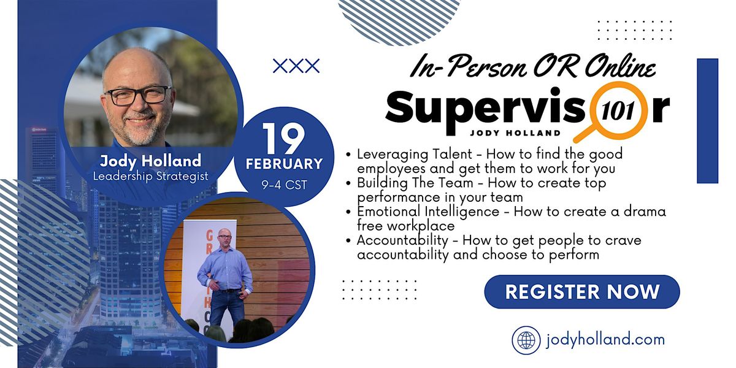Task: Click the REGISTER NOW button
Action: (582, 291)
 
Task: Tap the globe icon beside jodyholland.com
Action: (526, 340)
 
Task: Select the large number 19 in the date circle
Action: (283, 140)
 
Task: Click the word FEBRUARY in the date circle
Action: (283, 164)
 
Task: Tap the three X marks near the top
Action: (296, 66)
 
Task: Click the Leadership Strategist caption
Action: (150, 177)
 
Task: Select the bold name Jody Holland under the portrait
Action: (150, 161)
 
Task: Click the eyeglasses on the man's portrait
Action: (137, 96)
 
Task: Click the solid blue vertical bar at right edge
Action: (707, 120)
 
